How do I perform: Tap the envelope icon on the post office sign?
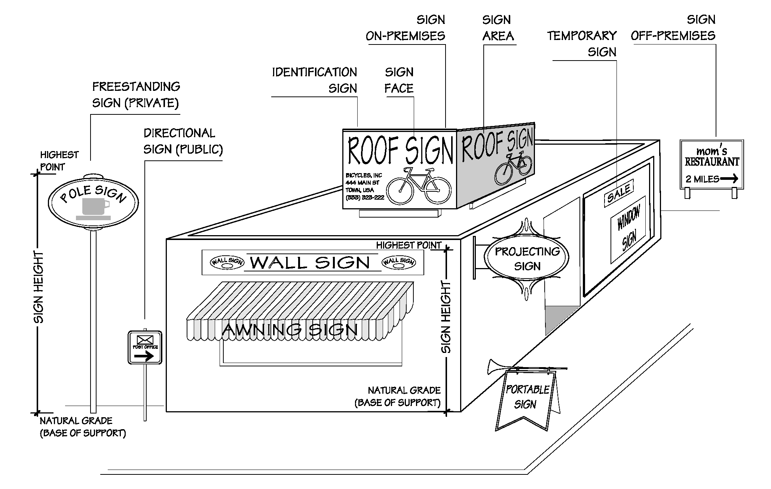(145, 340)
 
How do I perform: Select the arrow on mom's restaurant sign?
(729, 179)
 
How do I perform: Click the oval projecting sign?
(527, 258)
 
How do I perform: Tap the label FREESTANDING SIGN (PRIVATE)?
(136, 95)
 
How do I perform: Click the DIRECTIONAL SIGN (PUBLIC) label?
(183, 141)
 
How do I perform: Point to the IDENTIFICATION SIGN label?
(315, 80)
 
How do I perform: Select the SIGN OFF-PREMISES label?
(673, 28)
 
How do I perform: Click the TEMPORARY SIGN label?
(582, 44)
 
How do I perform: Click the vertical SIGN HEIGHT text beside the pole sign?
(39, 287)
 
